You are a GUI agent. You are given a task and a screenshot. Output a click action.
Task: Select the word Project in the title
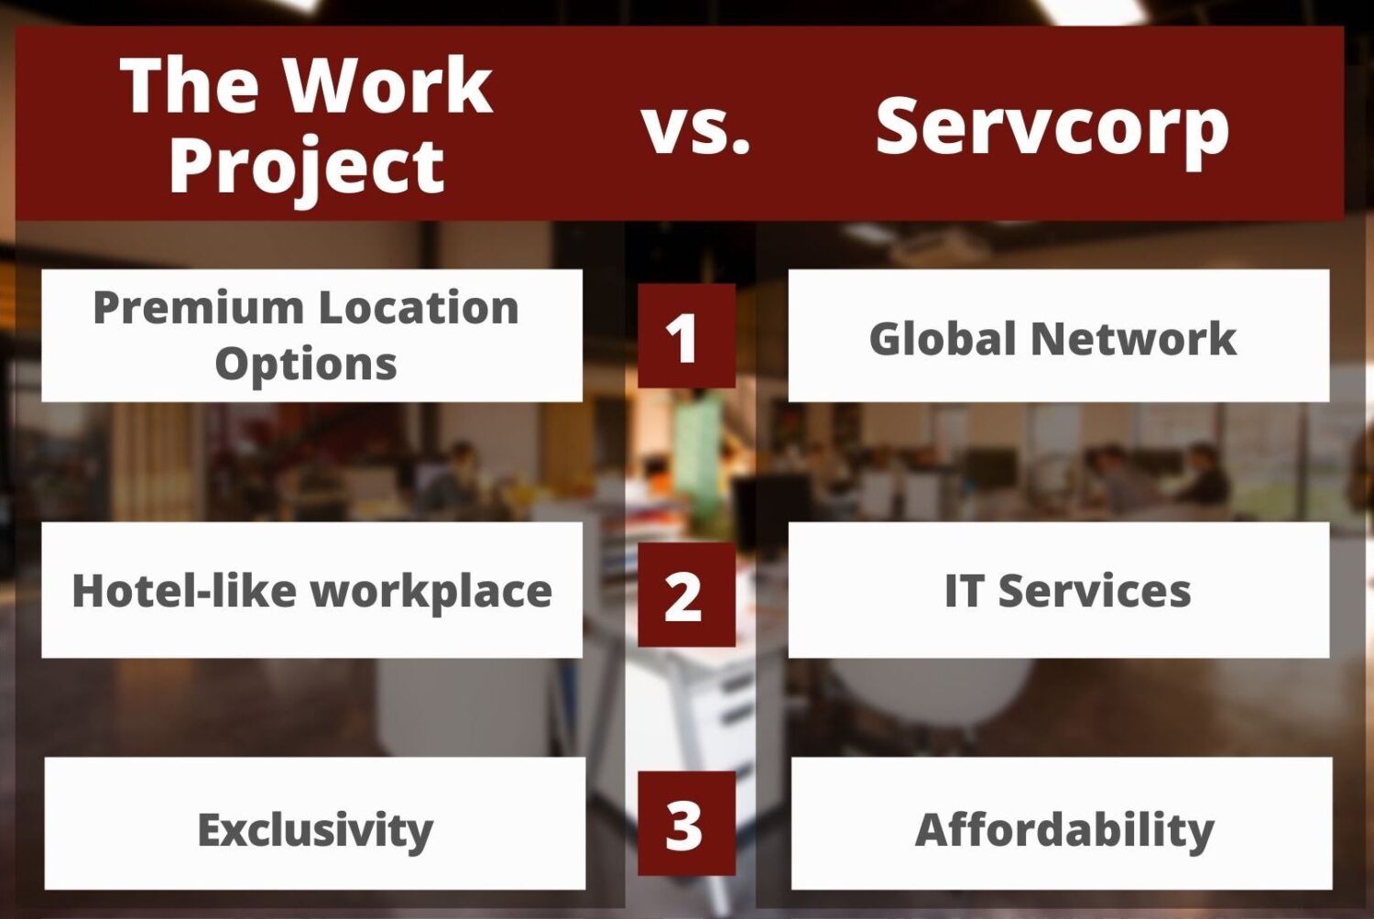pyautogui.click(x=307, y=169)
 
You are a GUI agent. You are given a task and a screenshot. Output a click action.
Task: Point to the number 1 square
pyautogui.click(x=686, y=335)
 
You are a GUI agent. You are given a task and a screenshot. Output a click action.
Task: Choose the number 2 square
pyautogui.click(x=686, y=594)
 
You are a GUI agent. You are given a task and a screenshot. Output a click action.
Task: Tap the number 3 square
pyautogui.click(x=686, y=824)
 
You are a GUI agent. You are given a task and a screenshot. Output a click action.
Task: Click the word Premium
pyautogui.click(x=199, y=307)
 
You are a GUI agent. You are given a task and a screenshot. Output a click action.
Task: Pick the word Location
pyautogui.click(x=419, y=307)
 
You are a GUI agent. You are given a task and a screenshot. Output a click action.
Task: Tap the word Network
pyautogui.click(x=1134, y=338)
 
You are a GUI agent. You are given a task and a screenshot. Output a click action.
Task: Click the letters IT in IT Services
pyautogui.click(x=964, y=591)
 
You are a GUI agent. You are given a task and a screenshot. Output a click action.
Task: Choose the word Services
pyautogui.click(x=1095, y=591)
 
